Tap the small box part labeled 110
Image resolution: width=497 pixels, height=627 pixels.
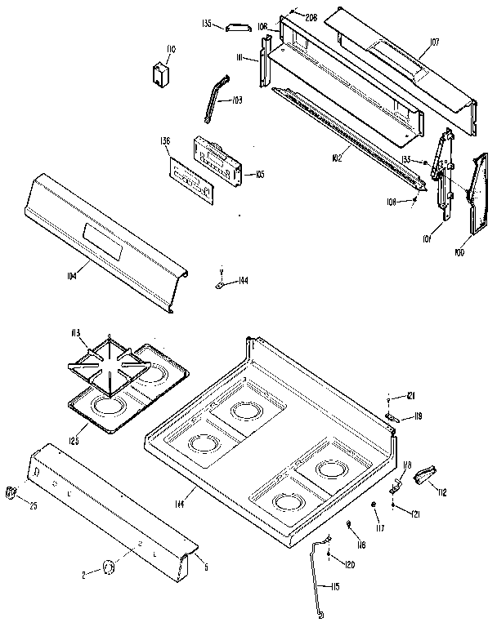159,74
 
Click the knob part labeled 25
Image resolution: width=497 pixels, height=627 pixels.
11,491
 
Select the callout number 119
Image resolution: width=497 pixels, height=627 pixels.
418,416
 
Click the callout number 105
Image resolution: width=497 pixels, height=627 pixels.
260,174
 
